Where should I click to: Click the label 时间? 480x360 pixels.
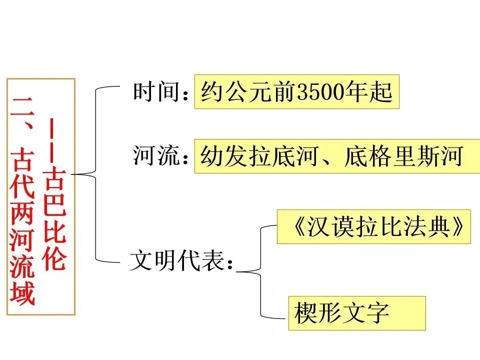tap(156, 92)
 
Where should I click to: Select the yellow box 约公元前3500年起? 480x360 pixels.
tap(296, 92)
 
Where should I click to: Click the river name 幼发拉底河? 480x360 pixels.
tap(259, 156)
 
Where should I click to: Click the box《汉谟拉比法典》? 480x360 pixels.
tap(373, 226)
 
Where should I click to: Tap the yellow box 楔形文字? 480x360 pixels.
tap(356, 313)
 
